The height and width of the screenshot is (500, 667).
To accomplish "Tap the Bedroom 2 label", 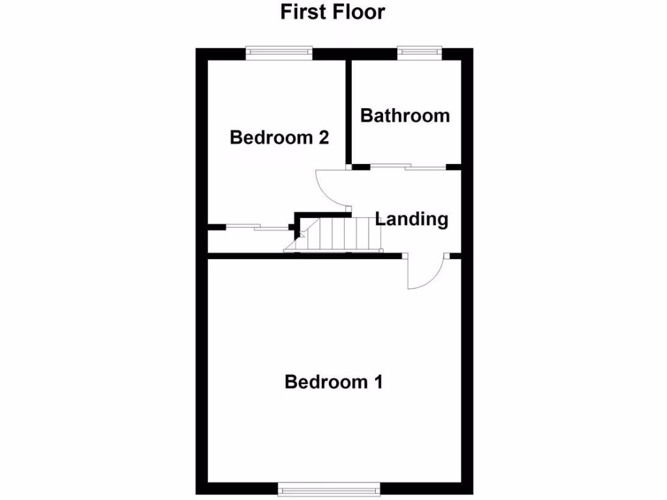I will click(279, 138).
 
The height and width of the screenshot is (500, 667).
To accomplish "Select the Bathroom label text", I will click(404, 116).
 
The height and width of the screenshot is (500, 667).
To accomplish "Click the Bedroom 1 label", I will click(333, 382).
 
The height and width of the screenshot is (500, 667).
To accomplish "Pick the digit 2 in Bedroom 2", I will click(321, 138).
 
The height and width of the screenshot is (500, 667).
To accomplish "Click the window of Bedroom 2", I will click(279, 52).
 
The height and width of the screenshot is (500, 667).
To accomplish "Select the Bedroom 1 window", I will click(328, 488).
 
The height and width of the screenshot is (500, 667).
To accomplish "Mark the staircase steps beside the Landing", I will click(345, 233).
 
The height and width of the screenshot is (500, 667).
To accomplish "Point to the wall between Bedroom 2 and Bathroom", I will click(348, 111).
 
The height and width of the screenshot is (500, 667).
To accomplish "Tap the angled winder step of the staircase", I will click(295, 244).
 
